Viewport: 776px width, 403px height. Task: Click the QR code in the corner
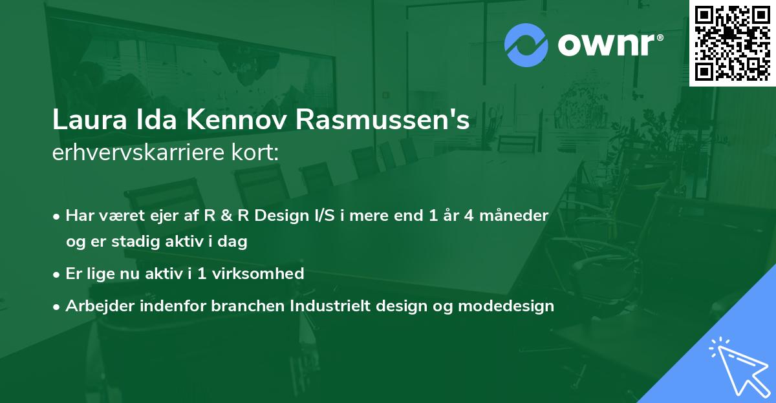click(x=733, y=43)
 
